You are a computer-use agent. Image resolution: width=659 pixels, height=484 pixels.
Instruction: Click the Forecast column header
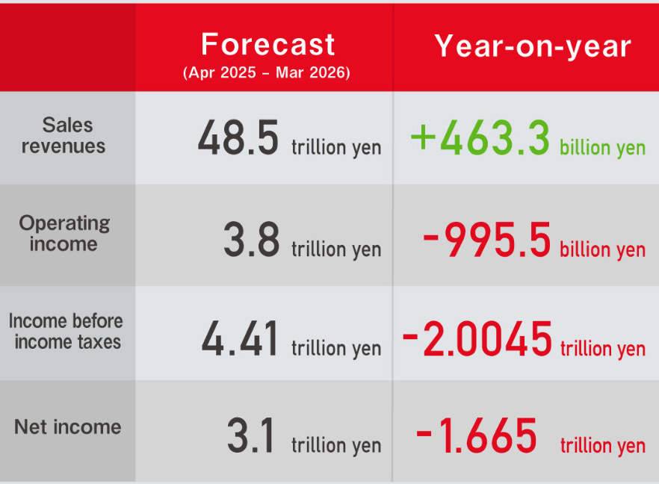[267, 44]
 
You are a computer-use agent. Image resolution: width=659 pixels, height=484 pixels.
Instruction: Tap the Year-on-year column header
[533, 46]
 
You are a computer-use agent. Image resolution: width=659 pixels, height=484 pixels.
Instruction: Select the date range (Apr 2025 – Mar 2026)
[267, 72]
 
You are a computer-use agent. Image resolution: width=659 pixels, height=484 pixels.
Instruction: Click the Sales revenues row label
[64, 135]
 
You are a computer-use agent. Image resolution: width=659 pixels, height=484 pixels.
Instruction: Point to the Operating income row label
[64, 233]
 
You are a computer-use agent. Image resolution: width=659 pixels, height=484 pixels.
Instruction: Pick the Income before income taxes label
[66, 331]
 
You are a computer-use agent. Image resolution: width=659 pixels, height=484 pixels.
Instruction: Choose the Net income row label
[68, 427]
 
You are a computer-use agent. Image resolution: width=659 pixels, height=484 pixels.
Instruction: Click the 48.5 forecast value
[238, 137]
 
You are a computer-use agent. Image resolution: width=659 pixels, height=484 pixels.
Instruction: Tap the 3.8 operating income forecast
[251, 239]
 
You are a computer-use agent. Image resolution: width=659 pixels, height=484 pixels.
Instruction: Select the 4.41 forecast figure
[239, 338]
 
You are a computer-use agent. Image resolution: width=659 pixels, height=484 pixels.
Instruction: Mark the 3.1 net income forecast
[251, 435]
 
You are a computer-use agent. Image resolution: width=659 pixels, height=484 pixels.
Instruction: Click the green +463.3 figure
[480, 137]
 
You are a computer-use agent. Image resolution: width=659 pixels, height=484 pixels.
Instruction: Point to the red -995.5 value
[486, 239]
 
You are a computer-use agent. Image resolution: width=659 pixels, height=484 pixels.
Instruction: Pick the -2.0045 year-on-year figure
[477, 338]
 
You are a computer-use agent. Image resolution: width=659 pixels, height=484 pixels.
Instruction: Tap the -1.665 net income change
[476, 435]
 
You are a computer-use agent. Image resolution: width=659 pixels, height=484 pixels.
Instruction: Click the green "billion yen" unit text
[602, 147]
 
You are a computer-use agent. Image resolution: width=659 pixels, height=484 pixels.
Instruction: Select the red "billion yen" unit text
[602, 249]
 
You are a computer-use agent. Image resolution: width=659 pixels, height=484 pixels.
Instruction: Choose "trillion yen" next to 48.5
[336, 147]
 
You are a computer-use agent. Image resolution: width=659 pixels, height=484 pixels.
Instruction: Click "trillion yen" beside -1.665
[603, 445]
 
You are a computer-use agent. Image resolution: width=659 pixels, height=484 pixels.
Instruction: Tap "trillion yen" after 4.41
[336, 348]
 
